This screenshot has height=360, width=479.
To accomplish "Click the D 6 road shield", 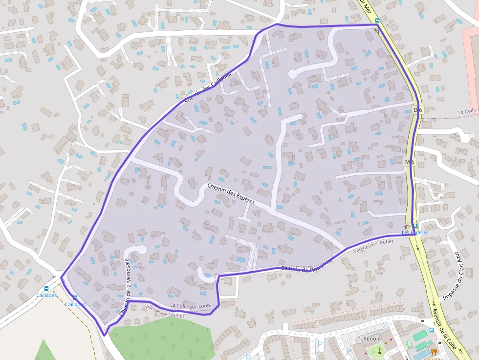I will click(x=417, y=110).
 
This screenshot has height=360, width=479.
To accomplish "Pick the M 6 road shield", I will click(x=410, y=162).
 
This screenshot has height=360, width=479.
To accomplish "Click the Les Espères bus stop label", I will click(x=415, y=233).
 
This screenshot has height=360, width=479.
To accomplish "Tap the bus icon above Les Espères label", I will click(x=415, y=226).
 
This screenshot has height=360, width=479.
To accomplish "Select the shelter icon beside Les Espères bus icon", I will click(x=407, y=226).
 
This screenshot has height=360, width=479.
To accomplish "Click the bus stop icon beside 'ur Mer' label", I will click(x=377, y=21).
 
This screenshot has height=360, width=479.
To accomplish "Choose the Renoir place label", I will click(x=371, y=339).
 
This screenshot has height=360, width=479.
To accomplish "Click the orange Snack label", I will click(x=434, y=358).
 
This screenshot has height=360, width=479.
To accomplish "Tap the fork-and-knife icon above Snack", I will click(x=434, y=351).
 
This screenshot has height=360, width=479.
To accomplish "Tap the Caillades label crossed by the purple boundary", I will click(x=75, y=304).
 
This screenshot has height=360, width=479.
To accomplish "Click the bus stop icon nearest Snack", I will click(x=431, y=330).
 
